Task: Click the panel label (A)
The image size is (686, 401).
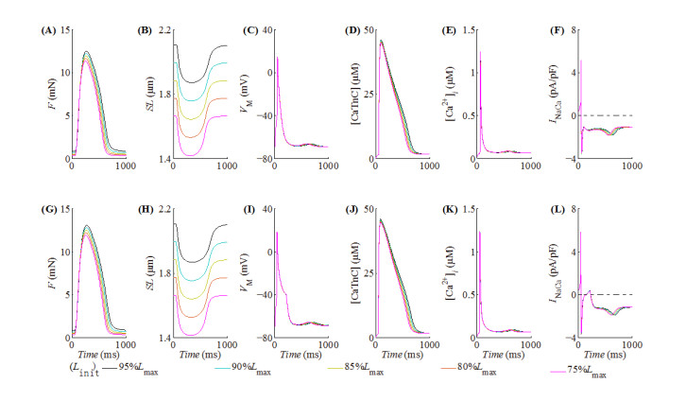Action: point(44,30)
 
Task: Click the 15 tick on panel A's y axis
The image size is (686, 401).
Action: point(64,31)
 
